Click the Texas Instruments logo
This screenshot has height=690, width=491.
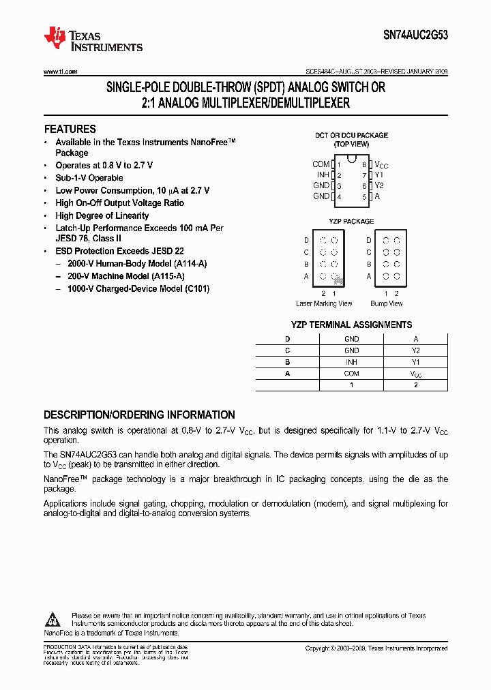tap(93, 40)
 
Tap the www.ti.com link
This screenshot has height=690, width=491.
tap(61, 72)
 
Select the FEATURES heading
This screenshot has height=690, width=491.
tap(70, 129)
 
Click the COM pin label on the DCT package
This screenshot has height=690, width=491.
tap(321, 164)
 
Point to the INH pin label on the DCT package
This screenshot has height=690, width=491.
tap(322, 175)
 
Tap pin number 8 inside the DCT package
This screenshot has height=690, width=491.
tap(364, 165)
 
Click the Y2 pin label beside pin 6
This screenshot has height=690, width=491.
tap(380, 185)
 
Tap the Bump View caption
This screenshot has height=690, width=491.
tap(386, 303)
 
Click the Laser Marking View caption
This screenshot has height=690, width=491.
tap(324, 303)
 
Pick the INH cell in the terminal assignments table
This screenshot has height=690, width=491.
tap(351, 362)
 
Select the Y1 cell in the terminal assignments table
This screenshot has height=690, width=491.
tap(415, 362)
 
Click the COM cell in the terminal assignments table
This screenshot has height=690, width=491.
tap(351, 374)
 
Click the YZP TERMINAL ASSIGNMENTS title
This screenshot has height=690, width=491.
tap(351, 325)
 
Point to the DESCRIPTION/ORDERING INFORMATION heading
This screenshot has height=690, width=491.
tap(139, 415)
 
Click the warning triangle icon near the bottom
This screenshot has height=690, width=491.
tap(53, 619)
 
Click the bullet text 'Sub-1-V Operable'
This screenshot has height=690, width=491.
tap(89, 178)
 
